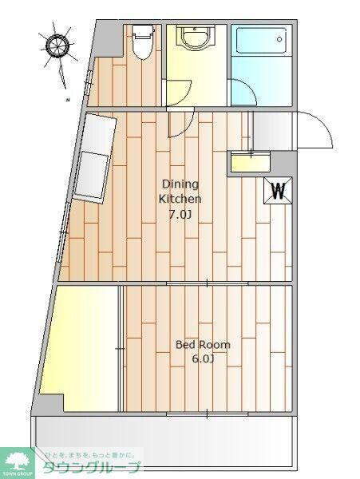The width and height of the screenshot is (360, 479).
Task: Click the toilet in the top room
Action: click(x=143, y=41)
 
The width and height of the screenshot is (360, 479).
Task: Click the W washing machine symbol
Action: click(x=278, y=190)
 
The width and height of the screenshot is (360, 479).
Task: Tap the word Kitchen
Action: click(x=180, y=199)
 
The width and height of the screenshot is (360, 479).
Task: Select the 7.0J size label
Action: click(x=180, y=215)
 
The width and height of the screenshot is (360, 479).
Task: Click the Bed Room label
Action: click(x=203, y=345)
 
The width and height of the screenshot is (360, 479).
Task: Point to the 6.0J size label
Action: click(x=203, y=360)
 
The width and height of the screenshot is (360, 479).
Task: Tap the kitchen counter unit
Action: click(x=96, y=157)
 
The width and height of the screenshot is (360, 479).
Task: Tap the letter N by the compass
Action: click(x=69, y=100)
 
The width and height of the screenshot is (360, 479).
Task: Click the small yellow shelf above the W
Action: click(x=250, y=163)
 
